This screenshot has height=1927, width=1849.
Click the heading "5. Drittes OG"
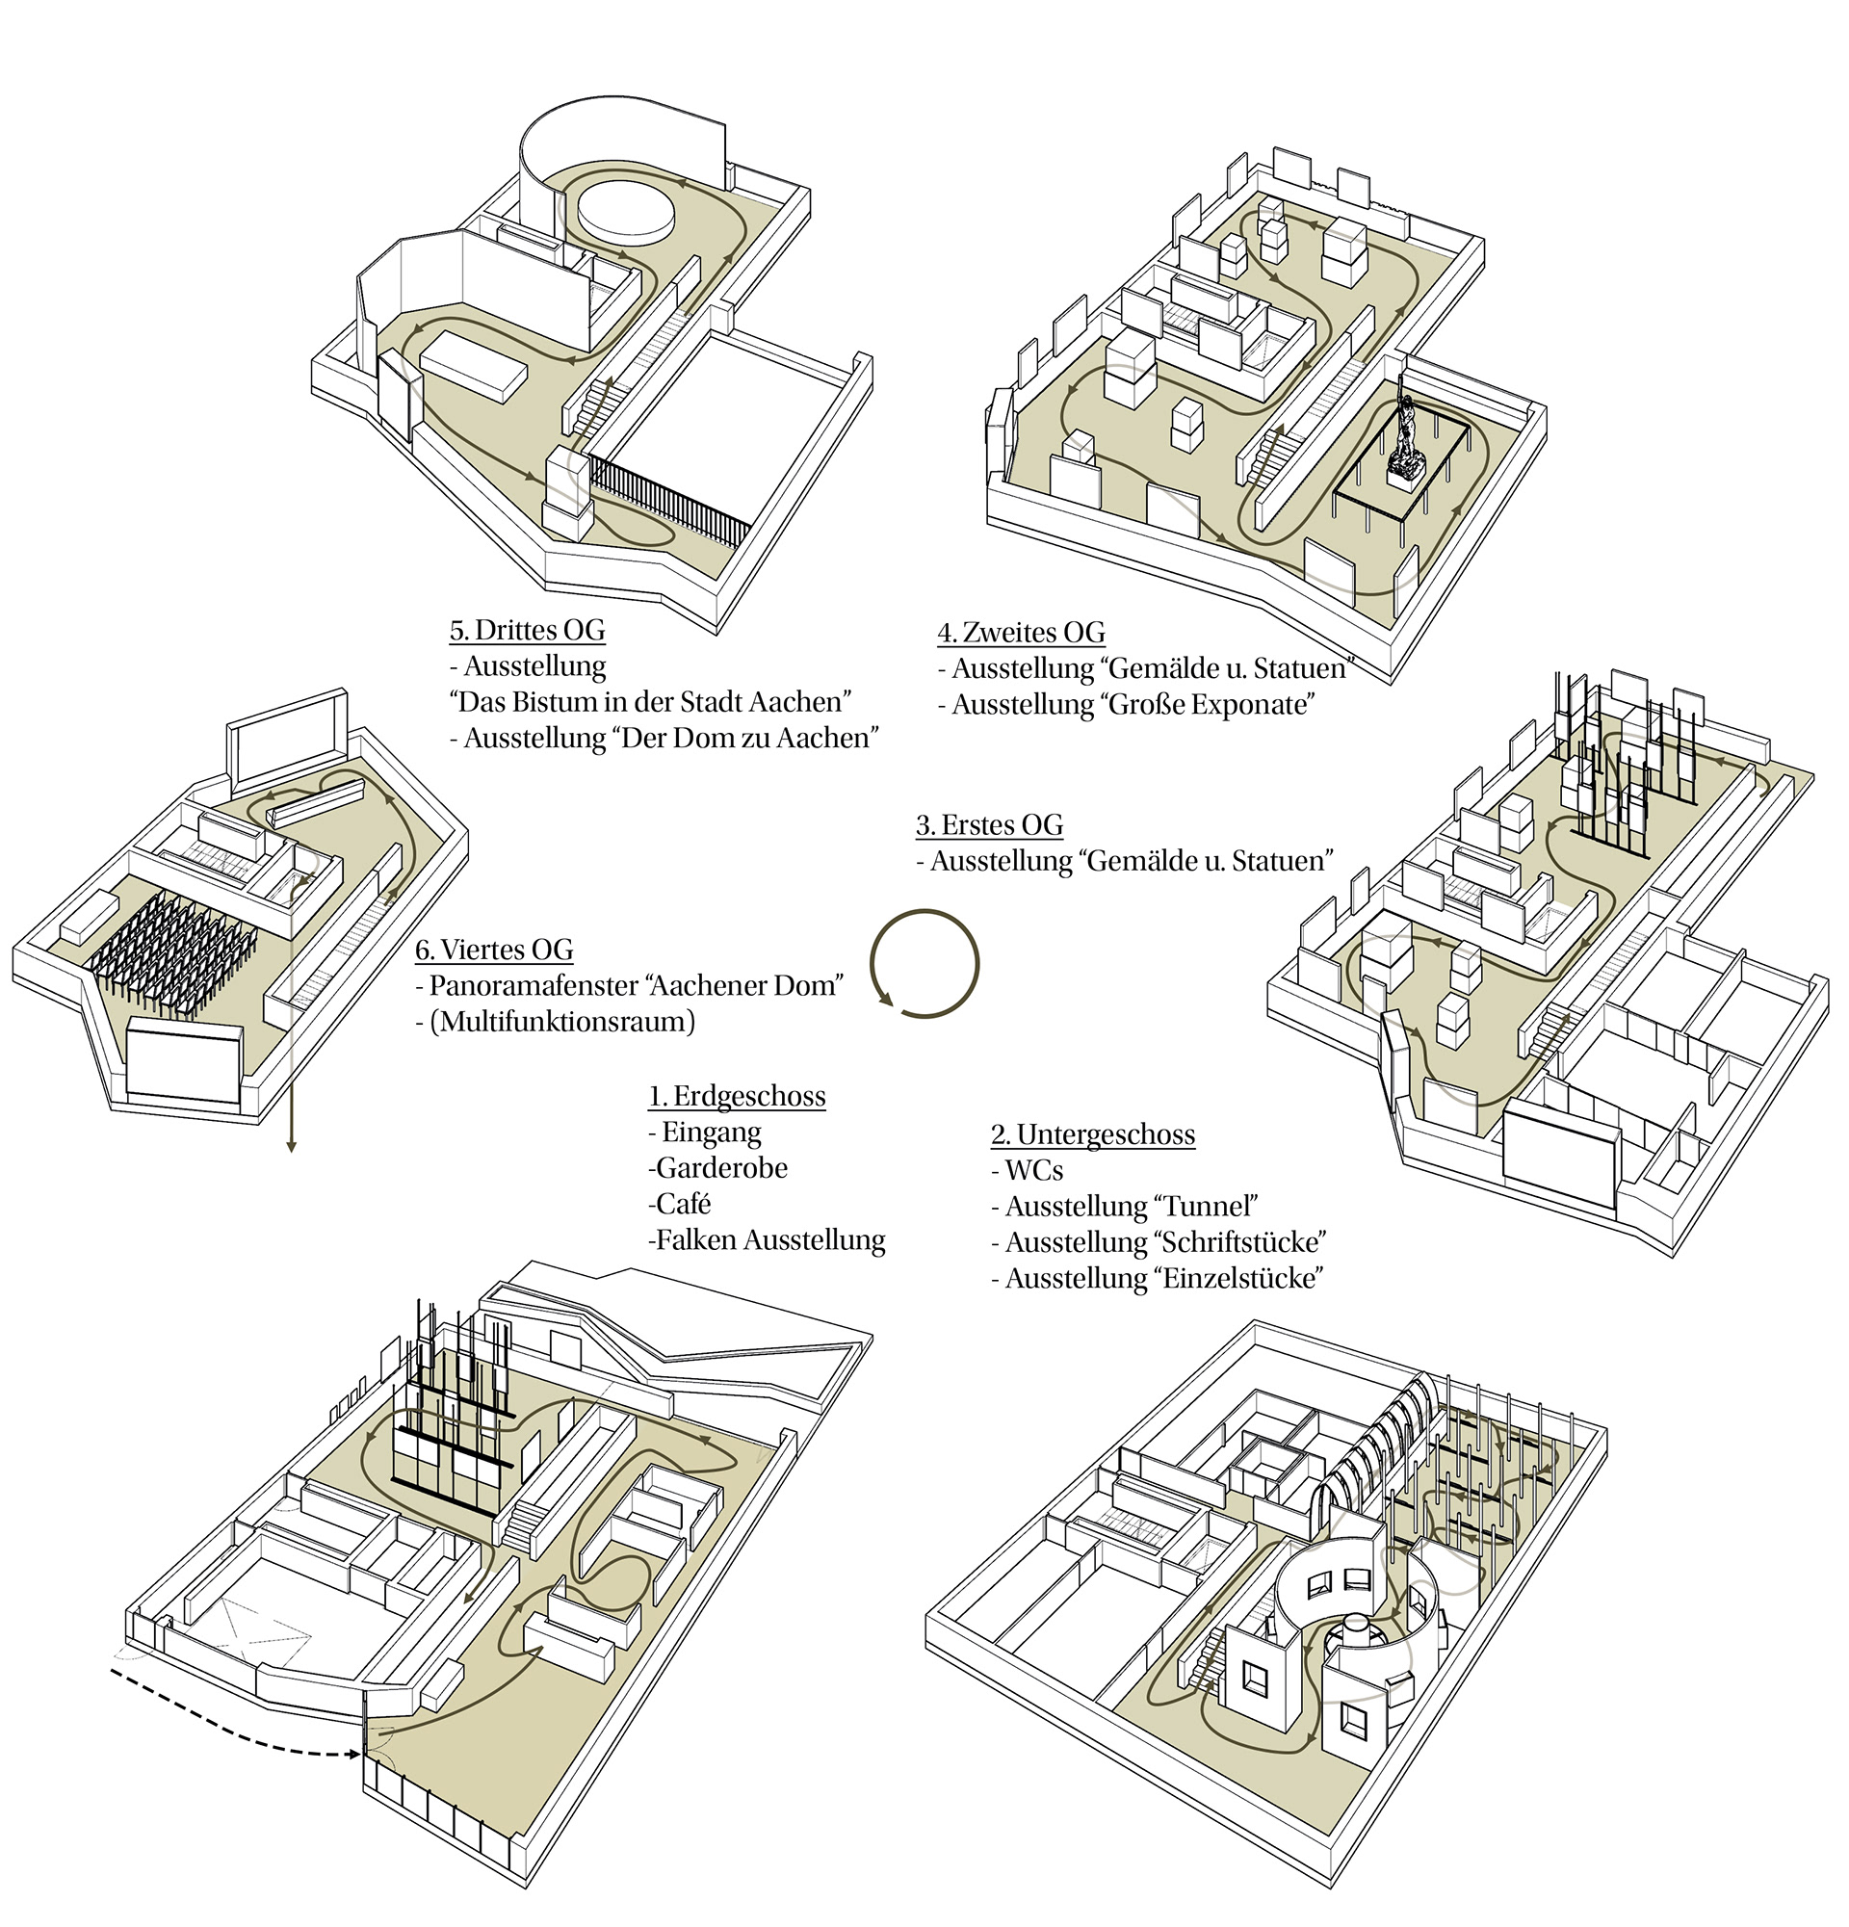527,630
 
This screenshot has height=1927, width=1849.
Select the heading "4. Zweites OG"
1022,633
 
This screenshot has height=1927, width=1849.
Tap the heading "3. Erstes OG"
989,825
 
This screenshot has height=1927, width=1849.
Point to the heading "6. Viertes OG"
493,950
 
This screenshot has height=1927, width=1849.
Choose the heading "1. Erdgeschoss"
737,1096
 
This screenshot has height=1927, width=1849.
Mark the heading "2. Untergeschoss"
1092,1134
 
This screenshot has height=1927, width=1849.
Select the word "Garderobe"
720,1168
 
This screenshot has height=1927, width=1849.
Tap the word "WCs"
1033,1171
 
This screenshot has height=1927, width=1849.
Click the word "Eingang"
711,1133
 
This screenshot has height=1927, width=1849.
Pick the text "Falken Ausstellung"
769,1240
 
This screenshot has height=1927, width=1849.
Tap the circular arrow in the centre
924,963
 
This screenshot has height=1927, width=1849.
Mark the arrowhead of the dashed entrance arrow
356,1755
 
